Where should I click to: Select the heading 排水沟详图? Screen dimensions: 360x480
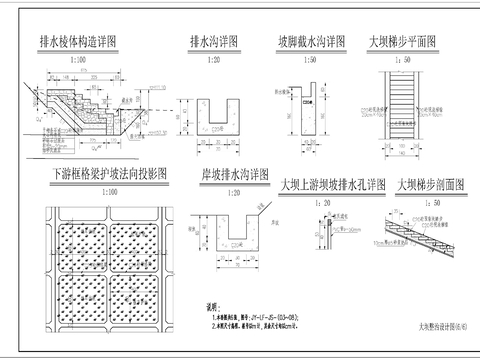pyautogui.click(x=214, y=43)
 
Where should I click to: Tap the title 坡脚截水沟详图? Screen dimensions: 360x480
pyautogui.click(x=312, y=43)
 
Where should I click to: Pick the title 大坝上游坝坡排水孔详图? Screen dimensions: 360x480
pyautogui.click(x=333, y=185)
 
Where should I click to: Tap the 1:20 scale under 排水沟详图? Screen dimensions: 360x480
pyautogui.click(x=213, y=60)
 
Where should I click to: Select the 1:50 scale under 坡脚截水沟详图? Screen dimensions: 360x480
pyautogui.click(x=311, y=60)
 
